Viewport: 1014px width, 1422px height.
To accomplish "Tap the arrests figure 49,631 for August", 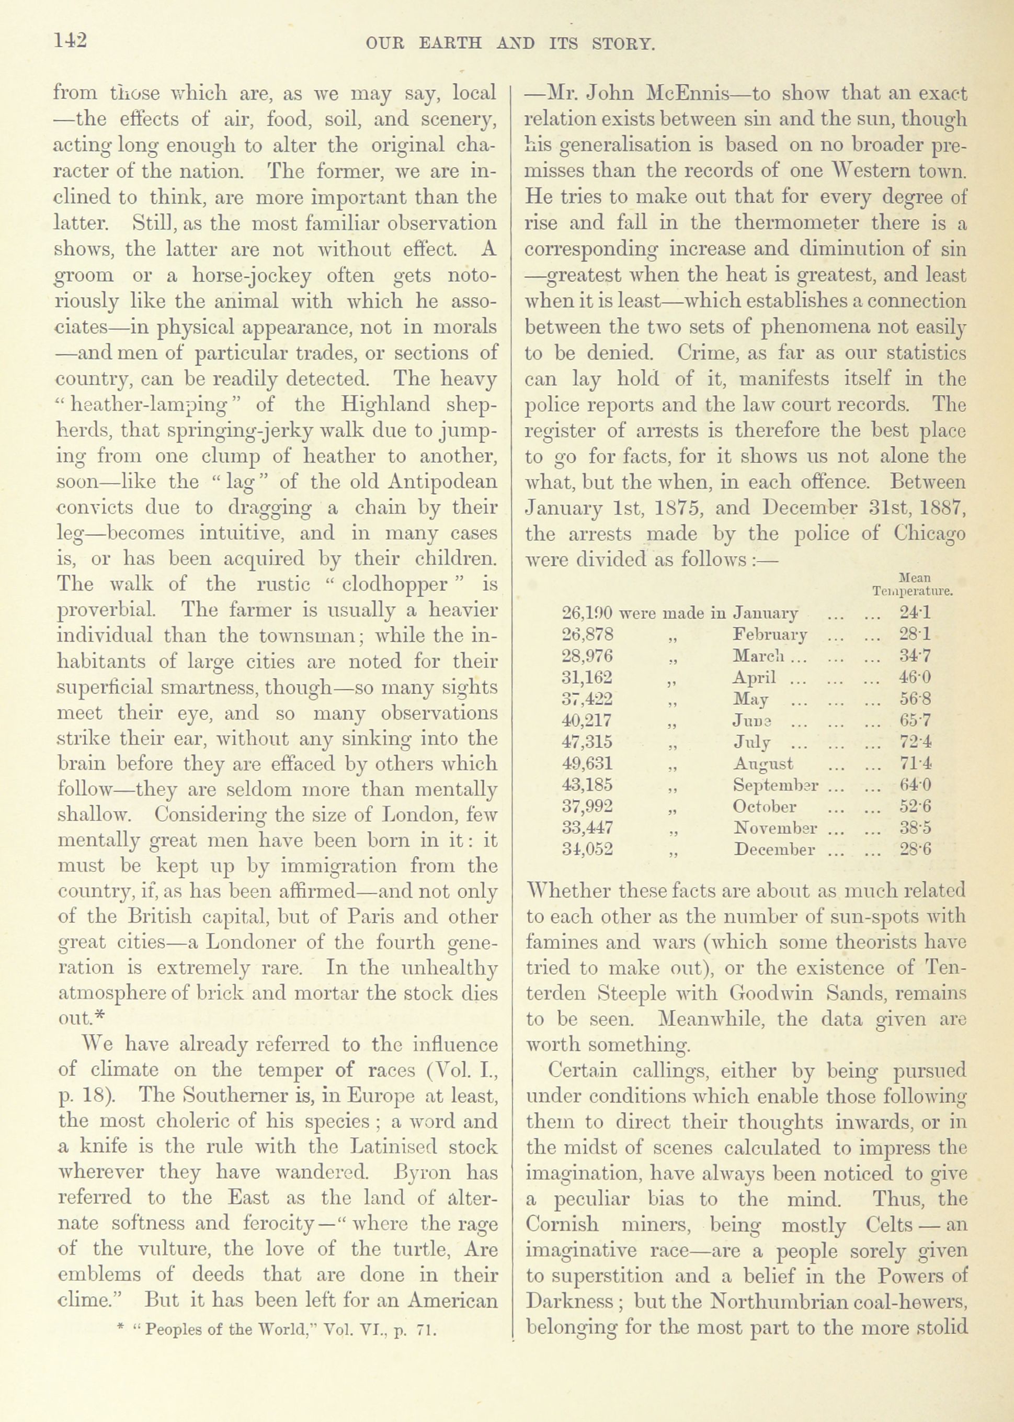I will point(588,764).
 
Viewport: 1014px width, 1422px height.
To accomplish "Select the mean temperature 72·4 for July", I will point(915,742).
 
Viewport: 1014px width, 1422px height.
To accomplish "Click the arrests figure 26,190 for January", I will point(588,613).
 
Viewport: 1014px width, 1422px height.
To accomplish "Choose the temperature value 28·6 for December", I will point(915,849).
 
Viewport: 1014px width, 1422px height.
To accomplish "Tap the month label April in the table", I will point(754,678).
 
